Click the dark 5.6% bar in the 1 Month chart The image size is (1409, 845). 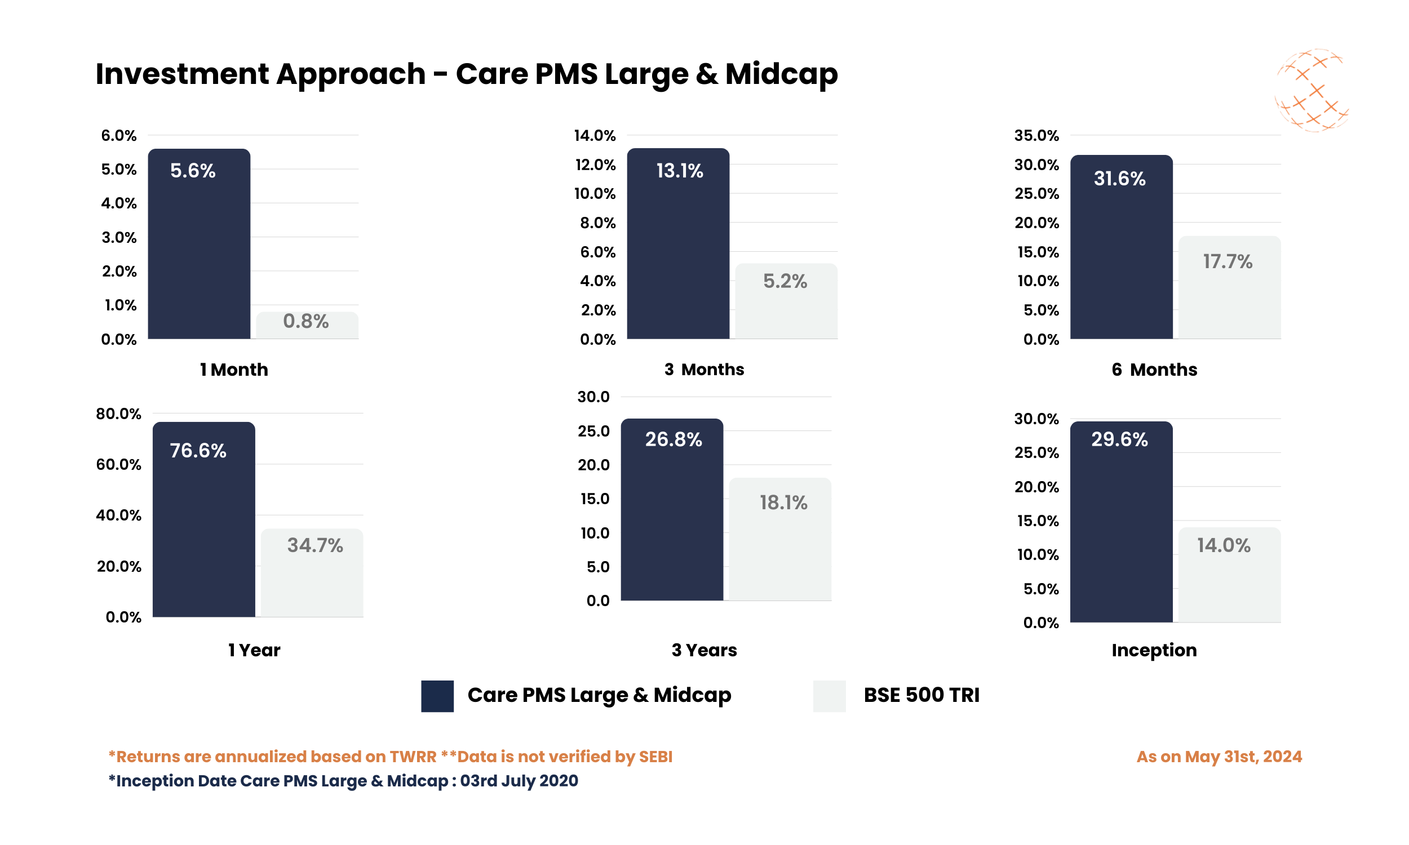[199, 244]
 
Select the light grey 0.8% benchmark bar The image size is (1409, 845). [307, 325]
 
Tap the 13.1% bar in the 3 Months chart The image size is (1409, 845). [678, 243]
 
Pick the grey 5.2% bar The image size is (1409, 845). [786, 301]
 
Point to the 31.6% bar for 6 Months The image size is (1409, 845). [1121, 247]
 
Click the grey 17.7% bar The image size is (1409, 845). [1229, 287]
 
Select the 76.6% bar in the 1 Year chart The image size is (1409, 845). [203, 519]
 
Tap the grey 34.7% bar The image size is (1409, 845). [312, 572]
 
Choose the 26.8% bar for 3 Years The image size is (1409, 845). [671, 509]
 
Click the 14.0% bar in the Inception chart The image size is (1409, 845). [1229, 575]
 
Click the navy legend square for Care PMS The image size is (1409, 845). [437, 696]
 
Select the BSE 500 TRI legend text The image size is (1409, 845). [921, 695]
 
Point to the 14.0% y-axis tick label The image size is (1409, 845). [595, 136]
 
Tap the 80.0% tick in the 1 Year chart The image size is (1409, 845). [118, 413]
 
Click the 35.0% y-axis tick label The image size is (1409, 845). [1036, 136]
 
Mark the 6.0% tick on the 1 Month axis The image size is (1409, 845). [118, 136]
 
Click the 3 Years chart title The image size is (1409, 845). [704, 650]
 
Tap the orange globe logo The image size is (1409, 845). [1311, 90]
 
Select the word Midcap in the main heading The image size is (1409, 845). [781, 74]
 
